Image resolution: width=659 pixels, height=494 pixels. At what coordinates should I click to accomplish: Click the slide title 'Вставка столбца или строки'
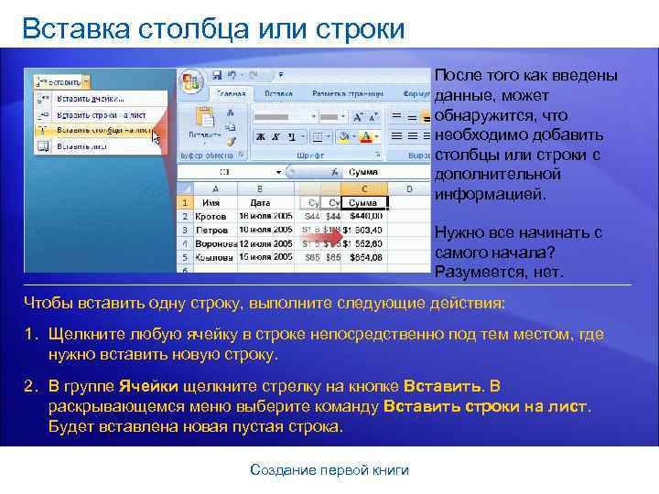tap(212, 29)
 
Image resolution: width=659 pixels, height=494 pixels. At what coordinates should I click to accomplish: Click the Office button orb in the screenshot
tap(191, 80)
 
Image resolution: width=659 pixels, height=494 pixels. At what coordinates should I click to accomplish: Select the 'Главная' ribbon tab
tap(230, 93)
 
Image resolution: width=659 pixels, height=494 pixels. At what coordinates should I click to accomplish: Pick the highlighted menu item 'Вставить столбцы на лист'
tap(103, 130)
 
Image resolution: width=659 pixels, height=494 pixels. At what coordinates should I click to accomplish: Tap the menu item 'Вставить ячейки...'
tap(92, 97)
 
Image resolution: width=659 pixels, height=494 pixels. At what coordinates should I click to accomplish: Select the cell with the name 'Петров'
tap(213, 229)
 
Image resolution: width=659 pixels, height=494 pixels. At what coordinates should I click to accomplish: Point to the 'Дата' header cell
tap(260, 202)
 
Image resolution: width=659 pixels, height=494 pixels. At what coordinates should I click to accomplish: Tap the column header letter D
tap(409, 188)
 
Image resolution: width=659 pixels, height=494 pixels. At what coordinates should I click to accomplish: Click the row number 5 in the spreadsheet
tap(185, 257)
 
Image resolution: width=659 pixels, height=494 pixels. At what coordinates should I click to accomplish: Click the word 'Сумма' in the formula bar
tap(363, 171)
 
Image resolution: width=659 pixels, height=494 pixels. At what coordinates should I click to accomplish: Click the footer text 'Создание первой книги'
tap(329, 469)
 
